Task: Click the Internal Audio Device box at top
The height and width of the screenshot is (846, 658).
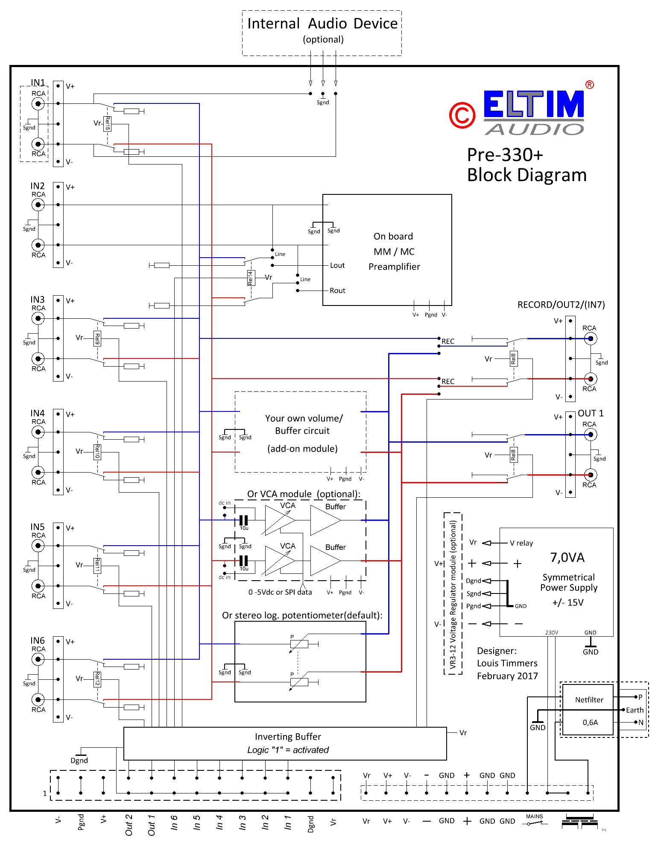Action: tap(322, 32)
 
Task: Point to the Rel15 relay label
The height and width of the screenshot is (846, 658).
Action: tap(108, 123)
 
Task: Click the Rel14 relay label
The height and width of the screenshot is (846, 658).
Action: tap(251, 278)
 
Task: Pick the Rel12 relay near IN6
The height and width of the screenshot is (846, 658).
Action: tap(97, 679)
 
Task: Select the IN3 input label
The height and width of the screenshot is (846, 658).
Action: tap(38, 300)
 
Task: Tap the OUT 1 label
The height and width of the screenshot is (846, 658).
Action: tap(591, 413)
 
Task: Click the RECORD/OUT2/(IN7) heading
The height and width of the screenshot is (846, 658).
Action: tap(561, 305)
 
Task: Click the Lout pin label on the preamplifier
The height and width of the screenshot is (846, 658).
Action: tap(337, 265)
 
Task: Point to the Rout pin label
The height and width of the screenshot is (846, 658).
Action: tap(337, 291)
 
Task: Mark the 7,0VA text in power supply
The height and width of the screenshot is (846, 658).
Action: tap(567, 558)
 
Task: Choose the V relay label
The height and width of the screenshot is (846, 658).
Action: tap(521, 543)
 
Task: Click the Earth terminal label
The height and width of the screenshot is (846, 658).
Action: tap(635, 710)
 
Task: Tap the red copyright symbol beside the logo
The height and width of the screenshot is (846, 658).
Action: tap(462, 115)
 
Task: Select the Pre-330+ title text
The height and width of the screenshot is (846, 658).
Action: tap(505, 155)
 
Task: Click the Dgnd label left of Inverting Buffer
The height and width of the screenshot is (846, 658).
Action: tap(79, 761)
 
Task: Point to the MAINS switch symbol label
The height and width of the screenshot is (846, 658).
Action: tap(534, 817)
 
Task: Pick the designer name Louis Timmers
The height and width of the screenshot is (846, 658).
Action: tap(507, 663)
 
